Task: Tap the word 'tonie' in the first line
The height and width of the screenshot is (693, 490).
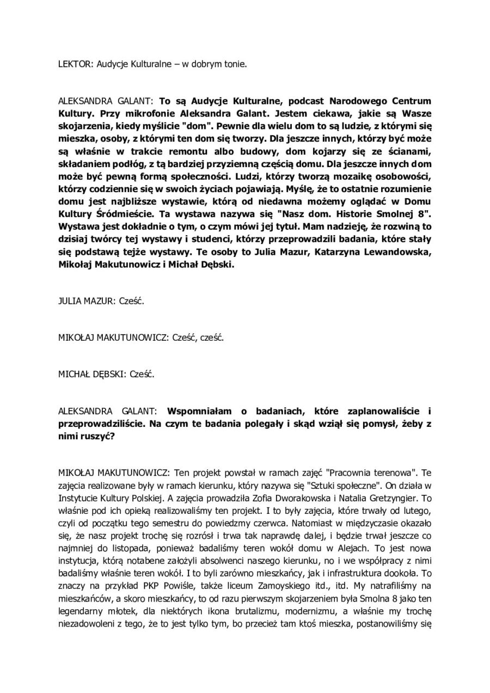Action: (x=236, y=64)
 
